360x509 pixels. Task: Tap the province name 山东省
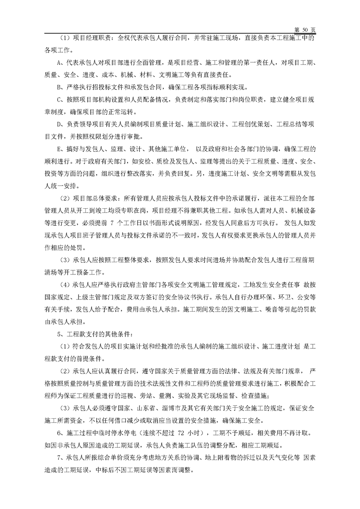pos(133,397)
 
